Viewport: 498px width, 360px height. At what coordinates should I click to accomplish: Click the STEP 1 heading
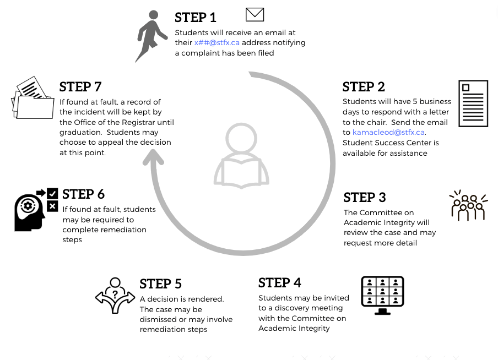(x=195, y=18)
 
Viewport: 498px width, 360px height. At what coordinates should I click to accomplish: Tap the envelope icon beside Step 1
(x=255, y=14)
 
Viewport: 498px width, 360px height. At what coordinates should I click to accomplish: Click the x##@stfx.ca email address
(x=217, y=43)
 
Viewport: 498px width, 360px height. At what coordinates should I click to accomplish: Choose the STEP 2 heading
(x=364, y=87)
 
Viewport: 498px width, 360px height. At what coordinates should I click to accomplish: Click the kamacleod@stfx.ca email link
(x=388, y=133)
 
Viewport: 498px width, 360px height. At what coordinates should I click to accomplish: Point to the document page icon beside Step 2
(x=473, y=103)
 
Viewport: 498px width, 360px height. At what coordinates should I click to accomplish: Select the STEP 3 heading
(x=364, y=198)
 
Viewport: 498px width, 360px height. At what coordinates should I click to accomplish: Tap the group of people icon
(x=468, y=206)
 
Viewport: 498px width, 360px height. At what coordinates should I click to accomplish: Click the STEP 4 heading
(x=279, y=283)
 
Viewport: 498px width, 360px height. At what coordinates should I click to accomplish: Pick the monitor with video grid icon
(x=382, y=295)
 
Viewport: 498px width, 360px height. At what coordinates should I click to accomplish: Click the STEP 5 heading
(x=160, y=284)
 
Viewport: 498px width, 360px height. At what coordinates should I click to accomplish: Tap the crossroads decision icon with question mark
(x=115, y=296)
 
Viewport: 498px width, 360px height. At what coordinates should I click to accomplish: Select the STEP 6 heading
(x=83, y=194)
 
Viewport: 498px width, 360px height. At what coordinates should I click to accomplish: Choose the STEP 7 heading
(x=80, y=87)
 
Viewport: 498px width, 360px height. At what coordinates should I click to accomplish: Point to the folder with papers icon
(x=33, y=99)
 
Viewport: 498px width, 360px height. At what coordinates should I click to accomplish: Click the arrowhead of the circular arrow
(x=154, y=157)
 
